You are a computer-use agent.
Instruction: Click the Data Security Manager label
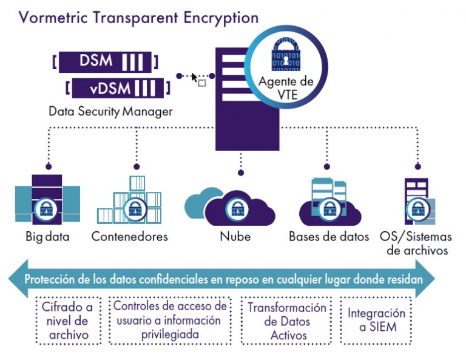coord(110,112)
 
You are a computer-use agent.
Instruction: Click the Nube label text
coord(235,237)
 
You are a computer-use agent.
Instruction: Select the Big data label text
coord(47,237)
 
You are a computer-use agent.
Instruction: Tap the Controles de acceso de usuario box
coord(170,320)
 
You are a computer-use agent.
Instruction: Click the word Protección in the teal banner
coord(50,279)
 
